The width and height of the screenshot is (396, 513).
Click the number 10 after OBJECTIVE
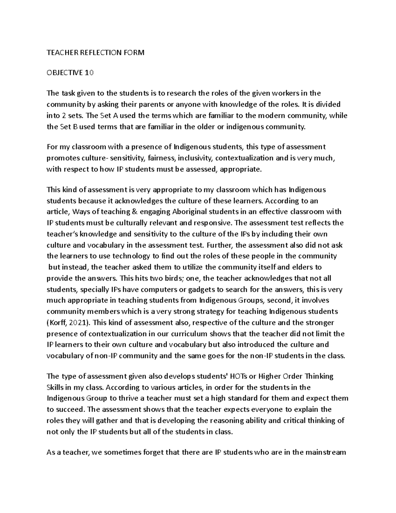pyautogui.click(x=89, y=73)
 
